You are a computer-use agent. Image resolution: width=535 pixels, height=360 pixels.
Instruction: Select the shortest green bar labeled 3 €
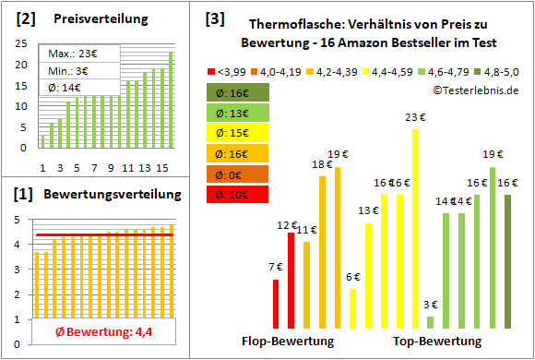[x=431, y=323]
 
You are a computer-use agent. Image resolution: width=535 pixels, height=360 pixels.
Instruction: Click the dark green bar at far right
[x=507, y=262]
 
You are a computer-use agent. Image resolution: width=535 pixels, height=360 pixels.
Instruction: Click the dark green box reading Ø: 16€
[x=237, y=92]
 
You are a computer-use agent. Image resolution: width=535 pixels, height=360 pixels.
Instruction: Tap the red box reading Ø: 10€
[x=237, y=194]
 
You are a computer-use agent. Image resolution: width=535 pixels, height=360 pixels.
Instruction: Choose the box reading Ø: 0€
[x=237, y=174]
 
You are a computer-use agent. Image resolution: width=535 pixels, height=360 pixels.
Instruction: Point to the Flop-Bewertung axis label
[x=287, y=342]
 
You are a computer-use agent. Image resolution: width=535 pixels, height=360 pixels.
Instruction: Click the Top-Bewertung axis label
[x=437, y=342]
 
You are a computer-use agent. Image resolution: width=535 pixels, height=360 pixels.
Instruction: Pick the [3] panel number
[x=214, y=18]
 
